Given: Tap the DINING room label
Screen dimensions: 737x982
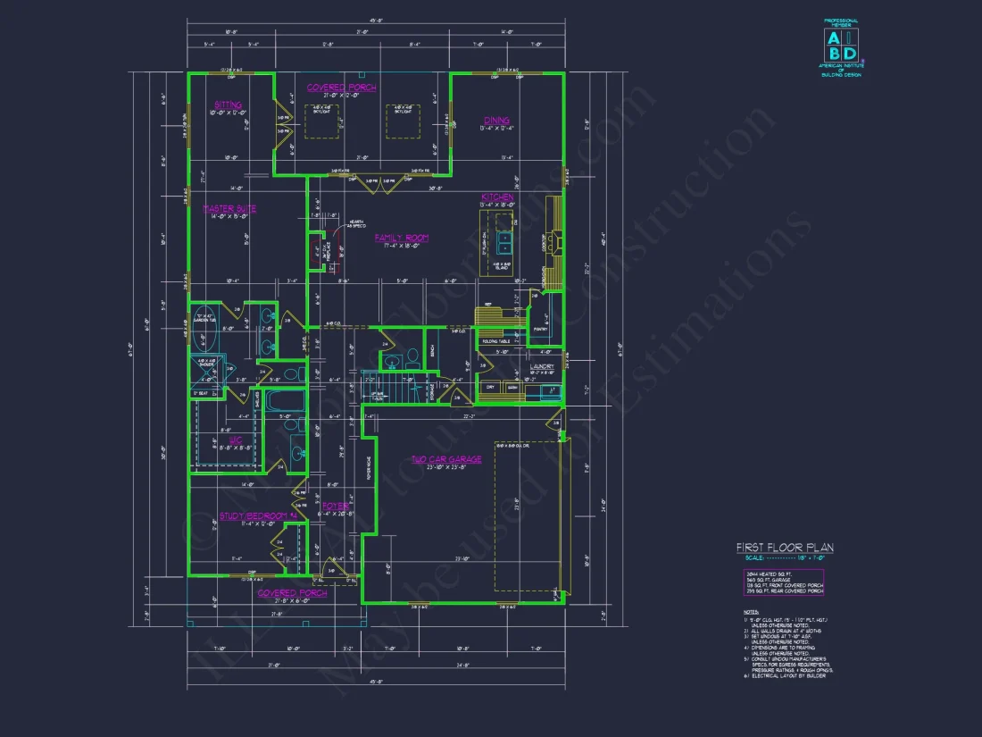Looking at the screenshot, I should click(x=496, y=121).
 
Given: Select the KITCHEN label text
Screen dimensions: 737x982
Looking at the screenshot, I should click(x=497, y=197).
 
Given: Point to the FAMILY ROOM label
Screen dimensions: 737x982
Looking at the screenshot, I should click(x=401, y=238).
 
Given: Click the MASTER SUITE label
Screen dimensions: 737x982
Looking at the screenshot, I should click(x=229, y=209).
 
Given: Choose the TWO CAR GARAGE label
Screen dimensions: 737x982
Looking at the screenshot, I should click(x=445, y=459).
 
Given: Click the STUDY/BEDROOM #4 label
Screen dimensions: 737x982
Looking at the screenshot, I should click(x=258, y=515).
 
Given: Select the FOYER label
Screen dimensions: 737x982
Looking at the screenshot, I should click(x=336, y=506).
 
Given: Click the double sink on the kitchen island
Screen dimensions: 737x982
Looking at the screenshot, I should click(x=504, y=244).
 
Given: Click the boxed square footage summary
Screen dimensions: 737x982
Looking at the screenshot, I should click(x=784, y=582).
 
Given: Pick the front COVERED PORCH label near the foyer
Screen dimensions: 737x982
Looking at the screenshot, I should click(x=292, y=592).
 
